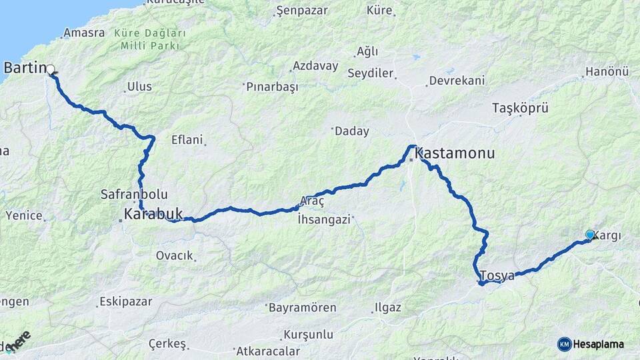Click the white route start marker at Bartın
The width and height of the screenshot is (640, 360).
pos(50,68)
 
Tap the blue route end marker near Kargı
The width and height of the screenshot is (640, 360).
pos(589,234)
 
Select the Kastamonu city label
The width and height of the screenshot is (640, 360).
pos(455,153)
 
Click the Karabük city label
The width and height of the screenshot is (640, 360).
pos(153,214)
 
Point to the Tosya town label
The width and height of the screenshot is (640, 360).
pos(497,275)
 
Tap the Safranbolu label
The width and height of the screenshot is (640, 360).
pos(133,195)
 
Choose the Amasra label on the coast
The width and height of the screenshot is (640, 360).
pos(84,33)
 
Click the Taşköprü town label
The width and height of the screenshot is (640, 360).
pos(519,107)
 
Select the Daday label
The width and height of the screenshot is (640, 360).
pos(352,131)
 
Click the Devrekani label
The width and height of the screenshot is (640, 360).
pos(456,80)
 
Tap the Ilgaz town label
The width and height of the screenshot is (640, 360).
pos(388,308)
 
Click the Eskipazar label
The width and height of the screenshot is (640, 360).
pos(127,301)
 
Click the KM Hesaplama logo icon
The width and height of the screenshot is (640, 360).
pos(565,344)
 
